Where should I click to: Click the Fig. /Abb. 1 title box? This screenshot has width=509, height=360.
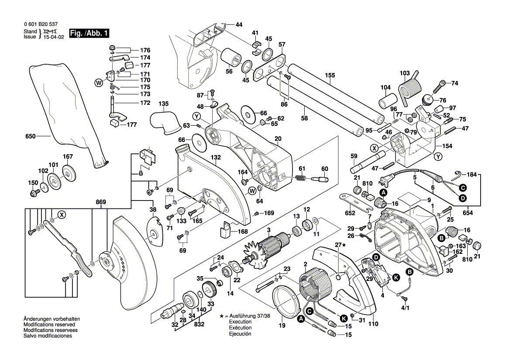[x=90, y=33]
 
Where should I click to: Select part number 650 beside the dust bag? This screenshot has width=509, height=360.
[x=30, y=136]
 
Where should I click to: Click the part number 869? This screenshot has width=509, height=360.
[x=101, y=202]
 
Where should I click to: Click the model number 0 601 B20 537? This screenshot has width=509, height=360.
[x=38, y=25]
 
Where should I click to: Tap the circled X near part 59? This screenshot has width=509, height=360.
[x=374, y=147]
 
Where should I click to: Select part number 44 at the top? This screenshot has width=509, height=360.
[x=239, y=25]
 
